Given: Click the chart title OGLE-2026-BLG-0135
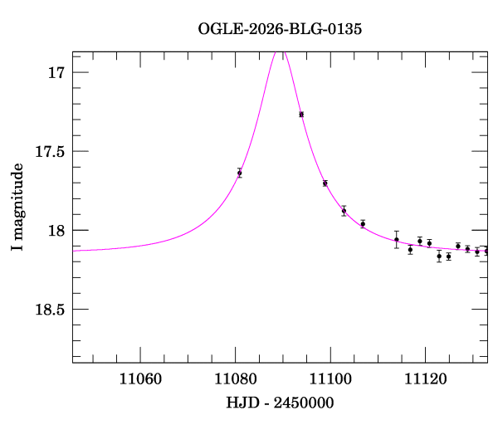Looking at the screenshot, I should click(280, 30).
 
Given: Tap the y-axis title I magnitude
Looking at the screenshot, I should click(17, 208).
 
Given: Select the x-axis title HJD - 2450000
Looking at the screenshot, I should click(280, 403).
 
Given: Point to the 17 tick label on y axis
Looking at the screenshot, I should click(56, 73).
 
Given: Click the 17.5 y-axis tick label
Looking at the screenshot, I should click(47, 152).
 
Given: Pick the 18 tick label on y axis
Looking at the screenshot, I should click(56, 231).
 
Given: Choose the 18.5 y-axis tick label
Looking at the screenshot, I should click(47, 310).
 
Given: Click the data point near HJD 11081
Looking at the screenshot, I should click(239, 173).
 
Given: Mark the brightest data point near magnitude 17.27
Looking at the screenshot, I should click(301, 115).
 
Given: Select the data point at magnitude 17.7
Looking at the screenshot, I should click(325, 183).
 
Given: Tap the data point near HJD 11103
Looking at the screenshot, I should click(344, 211).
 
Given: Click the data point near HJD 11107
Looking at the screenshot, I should click(363, 223).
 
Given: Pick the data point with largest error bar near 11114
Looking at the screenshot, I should click(397, 239).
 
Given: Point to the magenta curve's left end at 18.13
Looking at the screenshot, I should click(74, 250).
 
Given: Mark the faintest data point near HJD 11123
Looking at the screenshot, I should click(439, 256).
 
